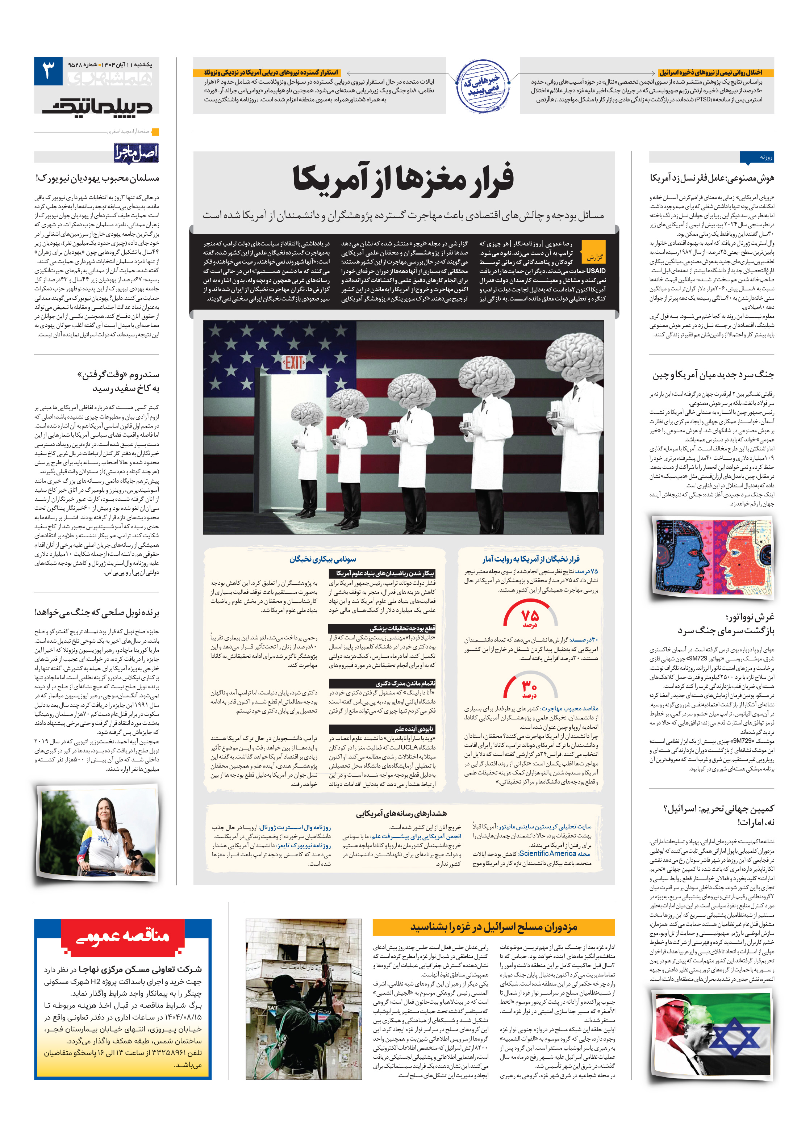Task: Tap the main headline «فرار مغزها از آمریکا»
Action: pyautogui.click(x=403, y=179)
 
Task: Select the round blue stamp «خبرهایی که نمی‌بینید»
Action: pyautogui.click(x=482, y=86)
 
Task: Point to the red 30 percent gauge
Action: pyautogui.click(x=530, y=686)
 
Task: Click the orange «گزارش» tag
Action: pyautogui.click(x=594, y=257)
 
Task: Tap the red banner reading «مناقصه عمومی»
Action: pyautogui.click(x=122, y=936)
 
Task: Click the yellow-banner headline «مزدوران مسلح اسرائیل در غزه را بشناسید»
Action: pyautogui.click(x=493, y=926)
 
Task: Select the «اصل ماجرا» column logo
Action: pyautogui.click(x=136, y=153)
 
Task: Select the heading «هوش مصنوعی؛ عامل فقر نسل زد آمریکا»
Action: pyautogui.click(x=712, y=178)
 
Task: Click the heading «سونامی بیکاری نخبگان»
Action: pyautogui.click(x=322, y=559)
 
